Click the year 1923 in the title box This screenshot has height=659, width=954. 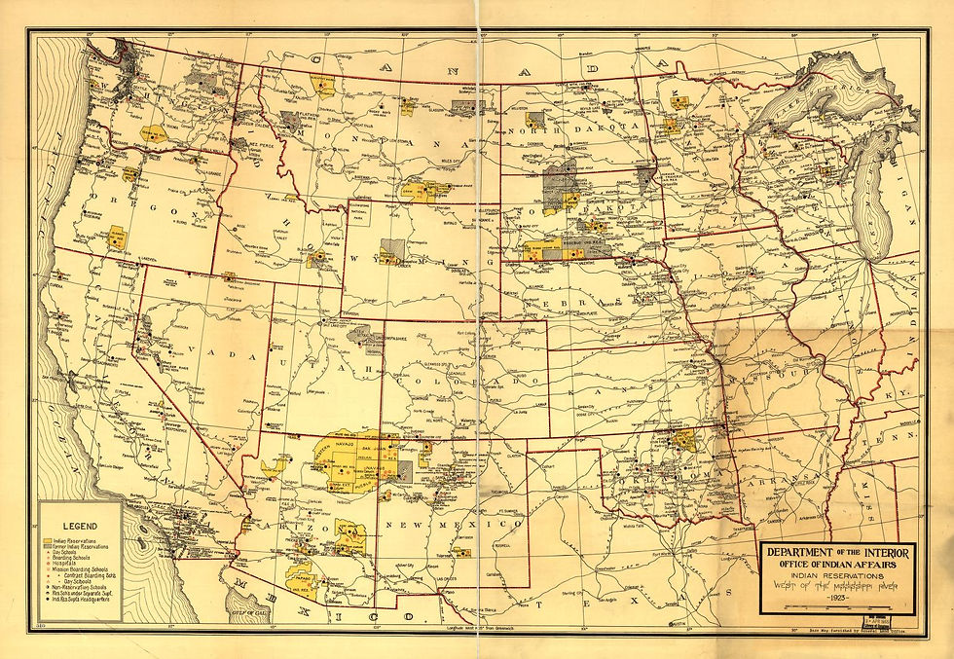(x=836, y=597)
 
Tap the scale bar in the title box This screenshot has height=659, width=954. (x=827, y=607)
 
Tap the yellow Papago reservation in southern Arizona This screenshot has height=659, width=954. (x=302, y=582)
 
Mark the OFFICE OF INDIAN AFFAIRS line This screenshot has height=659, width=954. (x=836, y=566)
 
